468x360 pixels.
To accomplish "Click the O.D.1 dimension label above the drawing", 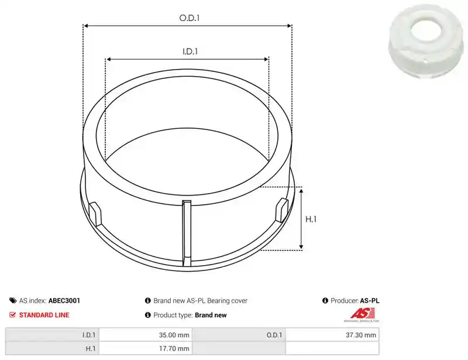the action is click(x=190, y=18).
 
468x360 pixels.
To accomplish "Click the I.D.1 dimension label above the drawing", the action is click(x=190, y=52).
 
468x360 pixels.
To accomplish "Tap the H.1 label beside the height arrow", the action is click(x=311, y=220).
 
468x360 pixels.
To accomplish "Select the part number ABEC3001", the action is click(x=64, y=300).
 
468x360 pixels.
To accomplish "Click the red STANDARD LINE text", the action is click(x=44, y=315).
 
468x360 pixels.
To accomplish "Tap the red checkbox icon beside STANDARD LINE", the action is click(x=12, y=314).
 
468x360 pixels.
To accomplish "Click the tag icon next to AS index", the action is click(x=13, y=300).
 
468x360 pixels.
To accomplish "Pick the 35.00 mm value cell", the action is click(x=146, y=335).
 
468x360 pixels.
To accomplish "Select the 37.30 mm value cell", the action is click(x=332, y=335).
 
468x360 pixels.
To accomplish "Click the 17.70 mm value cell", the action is click(x=146, y=348).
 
